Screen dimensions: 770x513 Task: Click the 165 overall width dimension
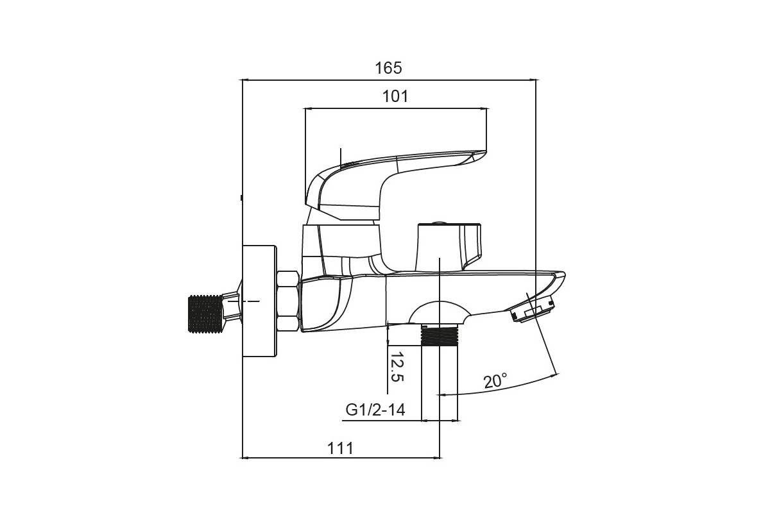[x=388, y=68]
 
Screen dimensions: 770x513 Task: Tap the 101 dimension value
[x=395, y=97]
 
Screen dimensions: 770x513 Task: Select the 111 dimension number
[x=340, y=448]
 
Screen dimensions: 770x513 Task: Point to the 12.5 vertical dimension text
[x=397, y=367]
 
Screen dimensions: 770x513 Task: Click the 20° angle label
[x=495, y=381]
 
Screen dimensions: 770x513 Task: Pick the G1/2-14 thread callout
[x=375, y=410]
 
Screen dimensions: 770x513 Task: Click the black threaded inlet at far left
[x=205, y=314]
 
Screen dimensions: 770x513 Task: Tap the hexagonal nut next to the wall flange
[x=288, y=301]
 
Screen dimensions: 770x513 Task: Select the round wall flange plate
[x=259, y=301]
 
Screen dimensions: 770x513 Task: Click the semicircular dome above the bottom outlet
[x=440, y=312]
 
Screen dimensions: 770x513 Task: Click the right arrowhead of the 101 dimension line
[x=484, y=108]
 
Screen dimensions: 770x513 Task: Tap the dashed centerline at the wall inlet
[x=243, y=301]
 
